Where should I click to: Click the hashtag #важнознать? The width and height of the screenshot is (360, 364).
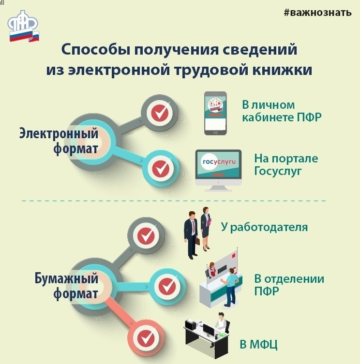coord(317,13)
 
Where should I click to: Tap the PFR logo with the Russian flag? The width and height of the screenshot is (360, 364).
coord(23,26)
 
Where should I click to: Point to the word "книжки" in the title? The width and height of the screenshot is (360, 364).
coord(282,70)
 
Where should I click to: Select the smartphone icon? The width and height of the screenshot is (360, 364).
coord(215,113)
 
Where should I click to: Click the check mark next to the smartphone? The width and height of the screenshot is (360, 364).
coord(159,113)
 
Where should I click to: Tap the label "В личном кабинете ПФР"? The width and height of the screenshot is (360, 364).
coord(282,111)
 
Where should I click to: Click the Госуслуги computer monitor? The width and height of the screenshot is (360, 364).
coord(218,171)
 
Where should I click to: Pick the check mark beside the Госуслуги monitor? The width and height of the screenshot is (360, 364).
coord(161,168)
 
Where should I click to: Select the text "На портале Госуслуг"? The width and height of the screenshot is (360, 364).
coord(286,165)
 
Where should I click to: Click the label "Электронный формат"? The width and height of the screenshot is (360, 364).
coord(59,141)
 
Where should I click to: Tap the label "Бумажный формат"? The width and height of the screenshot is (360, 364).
coord(66,286)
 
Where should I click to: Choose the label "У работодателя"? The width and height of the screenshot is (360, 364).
coord(264,227)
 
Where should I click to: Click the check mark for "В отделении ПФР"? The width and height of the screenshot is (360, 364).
coord(167,286)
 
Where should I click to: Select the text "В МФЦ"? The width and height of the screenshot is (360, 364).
coord(258,344)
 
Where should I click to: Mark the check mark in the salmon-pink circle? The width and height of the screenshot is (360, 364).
coord(146,338)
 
